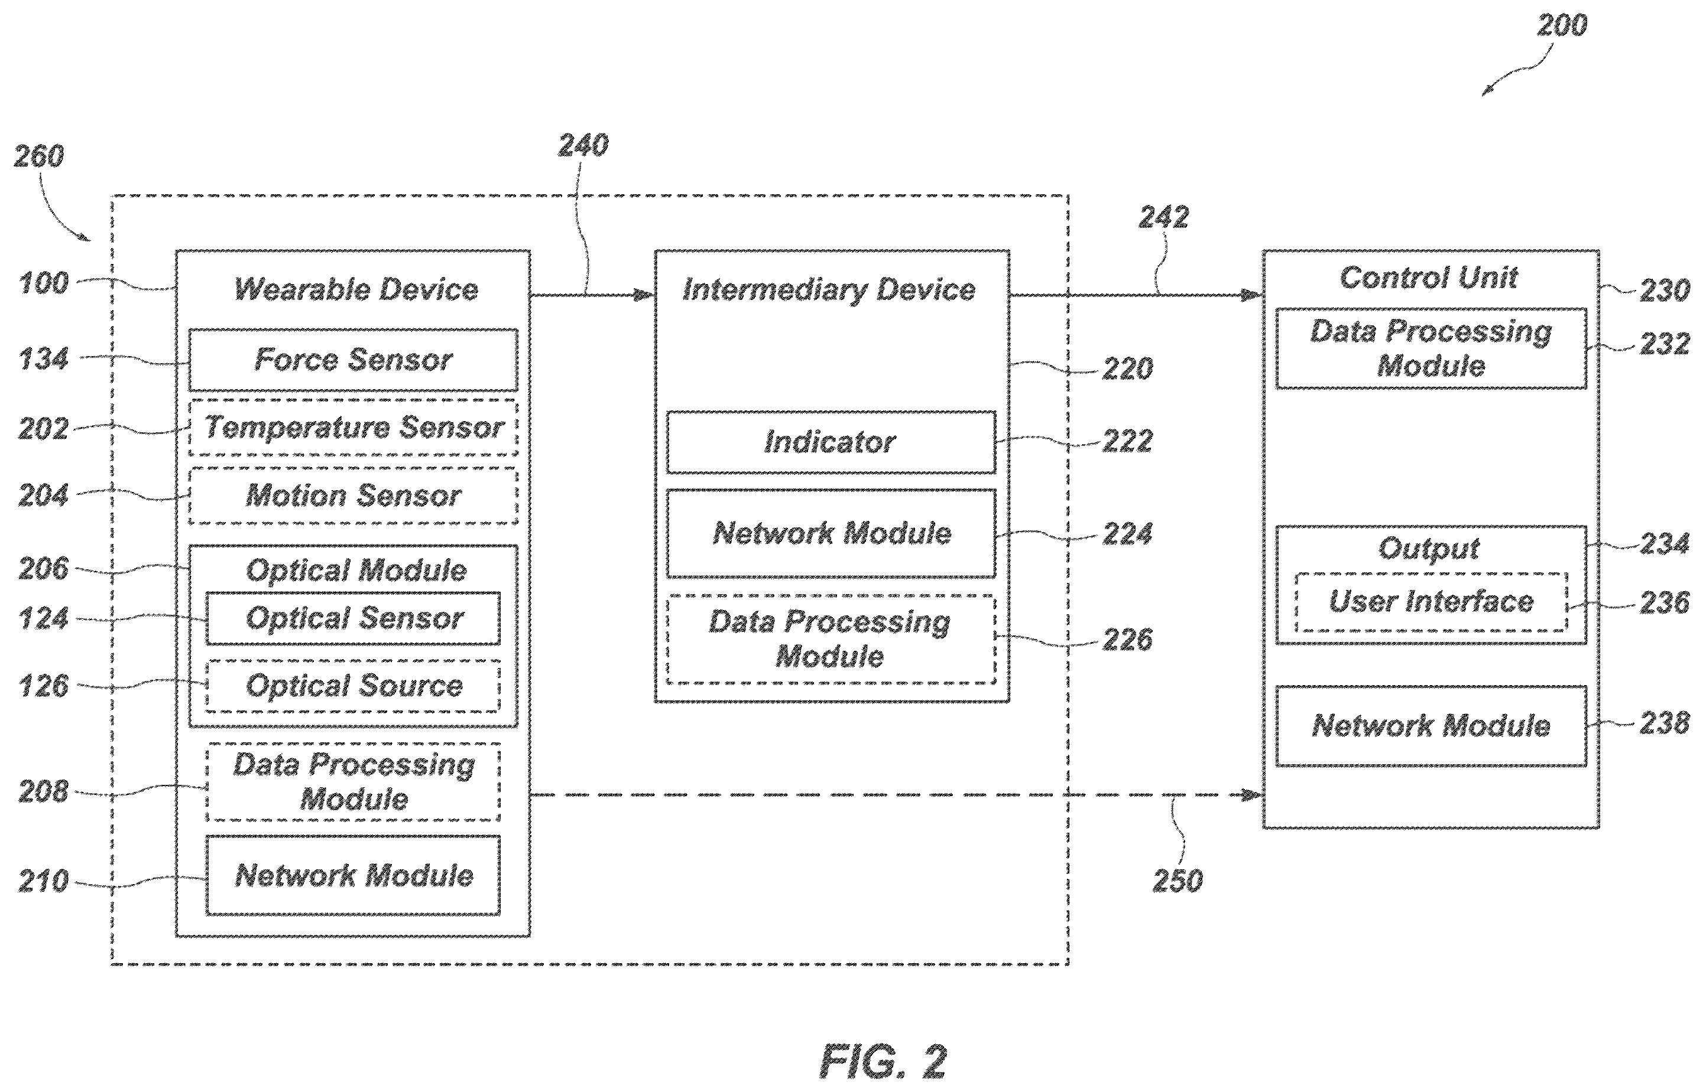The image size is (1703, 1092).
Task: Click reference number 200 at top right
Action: tap(1562, 25)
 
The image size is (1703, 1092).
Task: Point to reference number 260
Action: tap(39, 156)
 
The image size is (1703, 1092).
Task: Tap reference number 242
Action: tap(1164, 217)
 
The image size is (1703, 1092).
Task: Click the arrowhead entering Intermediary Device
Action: tap(644, 294)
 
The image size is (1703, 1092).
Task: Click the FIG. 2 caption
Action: tap(883, 1061)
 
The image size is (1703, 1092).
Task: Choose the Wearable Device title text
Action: tap(356, 289)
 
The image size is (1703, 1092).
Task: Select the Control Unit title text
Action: tap(1429, 277)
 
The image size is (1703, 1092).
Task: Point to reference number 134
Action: tap(44, 359)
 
